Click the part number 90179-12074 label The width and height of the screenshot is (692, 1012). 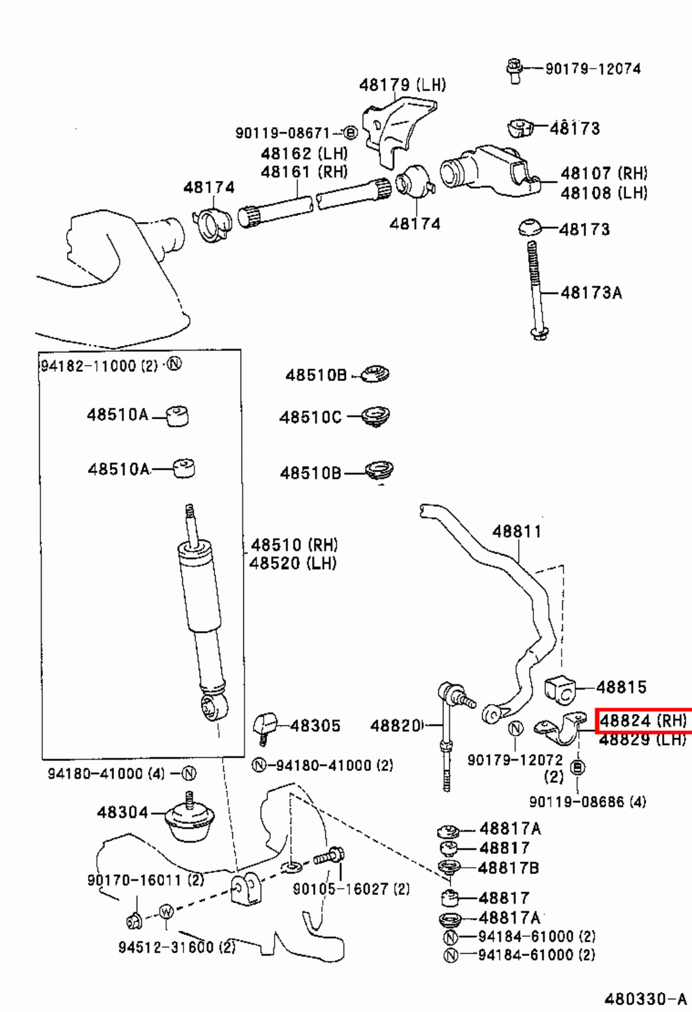coord(593,68)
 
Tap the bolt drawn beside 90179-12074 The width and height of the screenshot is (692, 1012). coord(514,70)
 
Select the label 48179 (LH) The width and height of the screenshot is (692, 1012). coord(402,85)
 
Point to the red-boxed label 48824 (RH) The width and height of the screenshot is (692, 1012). coord(643,720)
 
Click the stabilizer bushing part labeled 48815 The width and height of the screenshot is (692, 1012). coord(560,688)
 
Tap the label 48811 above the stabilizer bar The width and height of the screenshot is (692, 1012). coord(517,531)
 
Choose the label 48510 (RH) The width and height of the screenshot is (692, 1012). coord(294,545)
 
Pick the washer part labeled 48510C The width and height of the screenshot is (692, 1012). coord(378,417)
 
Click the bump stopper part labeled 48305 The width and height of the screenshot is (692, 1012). coord(264,725)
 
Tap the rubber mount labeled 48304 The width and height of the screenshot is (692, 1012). coord(189,819)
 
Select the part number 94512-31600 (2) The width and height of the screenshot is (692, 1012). coord(176,947)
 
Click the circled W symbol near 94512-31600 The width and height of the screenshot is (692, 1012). coord(166,911)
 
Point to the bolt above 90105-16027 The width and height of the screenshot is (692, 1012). coord(330,857)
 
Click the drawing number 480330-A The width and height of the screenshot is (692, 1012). coord(645,999)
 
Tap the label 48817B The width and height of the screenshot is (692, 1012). coord(509,868)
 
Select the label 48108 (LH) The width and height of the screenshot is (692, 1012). coord(603,192)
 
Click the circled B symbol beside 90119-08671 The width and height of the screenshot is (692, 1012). coord(350,133)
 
